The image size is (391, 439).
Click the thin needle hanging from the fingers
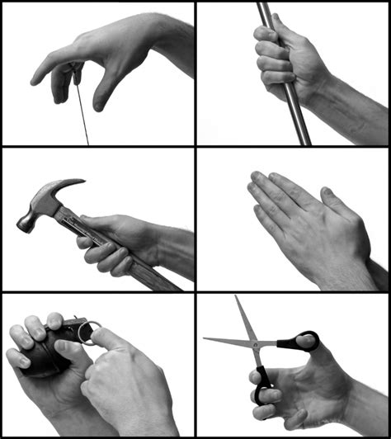pyautogui.click(x=82, y=116)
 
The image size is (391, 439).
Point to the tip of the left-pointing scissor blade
pyautogui.click(x=206, y=338)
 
